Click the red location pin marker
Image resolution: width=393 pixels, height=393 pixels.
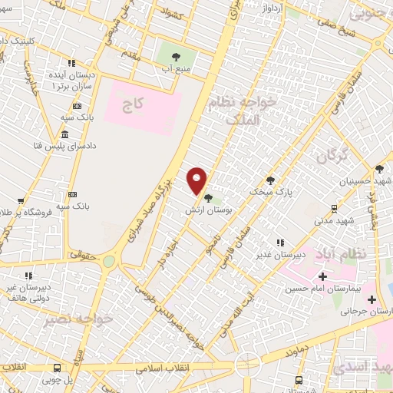tap(198, 180)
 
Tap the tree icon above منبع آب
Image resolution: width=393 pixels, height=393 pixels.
tap(176, 57)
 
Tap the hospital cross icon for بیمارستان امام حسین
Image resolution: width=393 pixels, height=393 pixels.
tap(322, 276)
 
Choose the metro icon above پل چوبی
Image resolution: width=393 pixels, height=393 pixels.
tap(70, 367)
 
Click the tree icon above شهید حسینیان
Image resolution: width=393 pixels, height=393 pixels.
tap(378, 169)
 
